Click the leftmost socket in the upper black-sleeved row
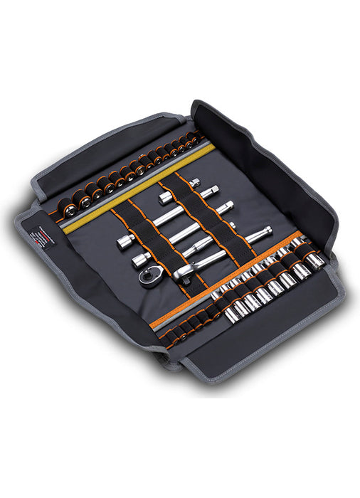click(x=69, y=211)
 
